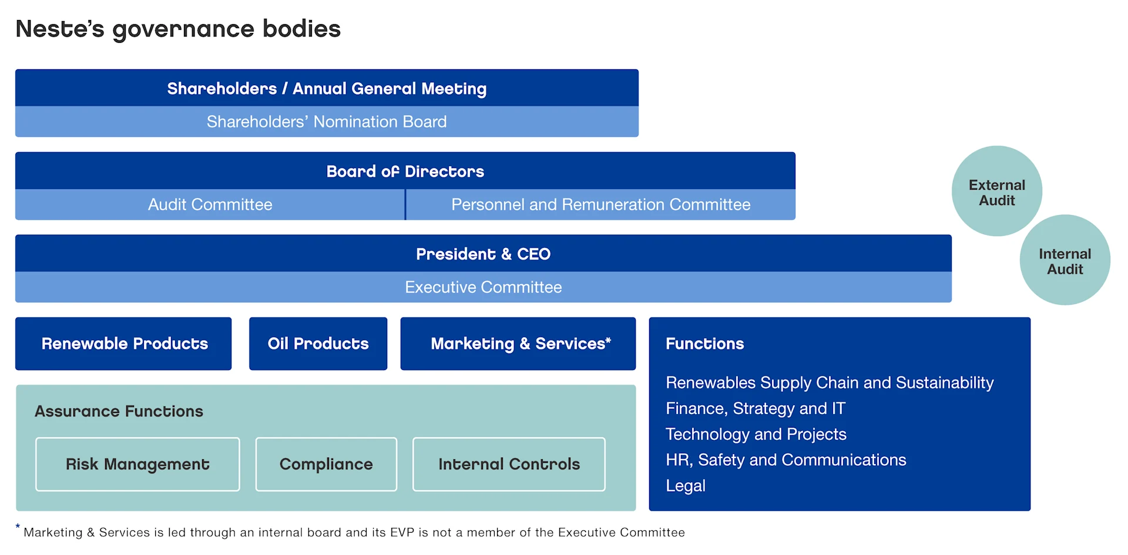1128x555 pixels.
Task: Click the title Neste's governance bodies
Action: tap(178, 29)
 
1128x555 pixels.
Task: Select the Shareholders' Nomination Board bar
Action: tap(327, 122)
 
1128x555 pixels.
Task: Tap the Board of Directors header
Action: tap(405, 171)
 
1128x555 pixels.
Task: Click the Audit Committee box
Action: tap(210, 204)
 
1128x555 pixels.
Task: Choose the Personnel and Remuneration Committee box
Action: tap(600, 204)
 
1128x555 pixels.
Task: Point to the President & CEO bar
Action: tap(483, 254)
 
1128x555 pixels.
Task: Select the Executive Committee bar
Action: tap(483, 287)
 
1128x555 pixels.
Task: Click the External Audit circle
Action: tap(996, 192)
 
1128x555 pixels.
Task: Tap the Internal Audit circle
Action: tap(1065, 261)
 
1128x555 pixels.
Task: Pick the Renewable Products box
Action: tap(124, 344)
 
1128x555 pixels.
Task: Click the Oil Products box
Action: tap(318, 344)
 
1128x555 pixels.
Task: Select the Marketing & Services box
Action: tap(518, 344)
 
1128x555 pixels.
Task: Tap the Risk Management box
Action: tap(137, 464)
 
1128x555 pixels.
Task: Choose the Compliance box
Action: tap(326, 464)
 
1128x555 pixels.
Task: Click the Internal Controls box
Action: tap(509, 464)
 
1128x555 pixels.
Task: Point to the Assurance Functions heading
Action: tap(119, 411)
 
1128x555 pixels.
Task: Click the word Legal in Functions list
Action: tap(685, 486)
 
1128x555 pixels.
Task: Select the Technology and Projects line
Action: tap(756, 434)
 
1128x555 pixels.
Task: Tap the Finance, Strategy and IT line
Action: tap(755, 408)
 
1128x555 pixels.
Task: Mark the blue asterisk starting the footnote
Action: tap(18, 527)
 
